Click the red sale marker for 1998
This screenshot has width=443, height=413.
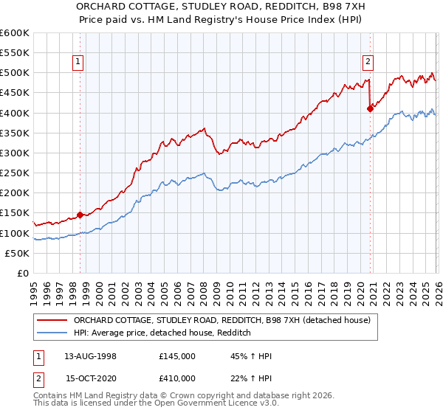coord(80,215)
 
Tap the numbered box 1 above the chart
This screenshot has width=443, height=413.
coord(78,63)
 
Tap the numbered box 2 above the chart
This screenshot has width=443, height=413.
coord(367,63)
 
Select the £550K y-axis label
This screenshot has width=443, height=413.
coord(15,53)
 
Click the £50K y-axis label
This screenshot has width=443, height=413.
coord(18,254)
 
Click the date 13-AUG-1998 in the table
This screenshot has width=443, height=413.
coord(90,356)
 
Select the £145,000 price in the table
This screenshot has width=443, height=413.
coord(177,356)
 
